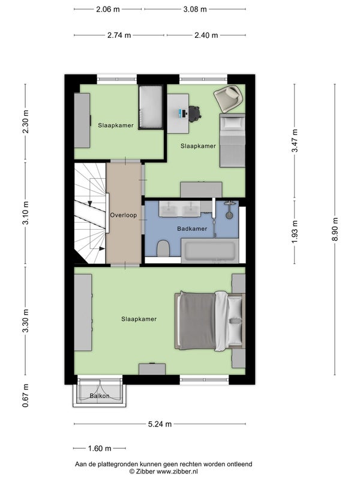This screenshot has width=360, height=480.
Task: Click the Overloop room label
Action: tap(124, 215)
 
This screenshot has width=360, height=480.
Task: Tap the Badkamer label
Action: tap(192, 229)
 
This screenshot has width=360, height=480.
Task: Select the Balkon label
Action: tap(100, 396)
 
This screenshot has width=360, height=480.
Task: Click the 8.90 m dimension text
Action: tap(335, 229)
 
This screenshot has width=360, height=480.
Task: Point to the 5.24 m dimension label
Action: tap(160, 424)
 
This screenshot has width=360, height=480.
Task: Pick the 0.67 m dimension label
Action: tap(25, 395)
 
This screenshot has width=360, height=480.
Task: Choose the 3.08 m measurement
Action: tap(195, 9)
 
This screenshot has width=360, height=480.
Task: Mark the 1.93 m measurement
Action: tap(295, 232)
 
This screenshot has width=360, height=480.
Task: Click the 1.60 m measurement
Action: tap(100, 448)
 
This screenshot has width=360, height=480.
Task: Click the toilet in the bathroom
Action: tap(163, 248)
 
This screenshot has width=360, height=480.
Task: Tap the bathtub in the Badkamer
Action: tap(210, 251)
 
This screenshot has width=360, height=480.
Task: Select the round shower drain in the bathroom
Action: tap(229, 215)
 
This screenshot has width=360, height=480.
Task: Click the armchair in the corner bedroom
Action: tap(229, 98)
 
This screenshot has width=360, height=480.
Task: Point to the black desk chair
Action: tap(194, 113)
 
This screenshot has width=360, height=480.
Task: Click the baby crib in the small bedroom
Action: tap(151, 107)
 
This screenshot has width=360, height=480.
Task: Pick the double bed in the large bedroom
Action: tap(210, 321)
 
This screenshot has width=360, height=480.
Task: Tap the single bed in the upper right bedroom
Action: tap(232, 140)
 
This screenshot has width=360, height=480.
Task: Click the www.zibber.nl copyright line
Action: tap(163, 472)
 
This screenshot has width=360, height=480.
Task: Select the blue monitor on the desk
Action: tap(181, 113)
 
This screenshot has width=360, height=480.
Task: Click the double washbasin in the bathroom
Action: tap(179, 209)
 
